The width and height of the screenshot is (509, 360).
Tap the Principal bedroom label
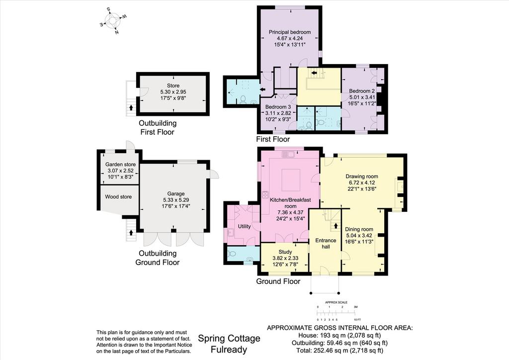[x=290, y=32]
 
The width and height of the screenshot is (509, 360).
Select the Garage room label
[x=175, y=194]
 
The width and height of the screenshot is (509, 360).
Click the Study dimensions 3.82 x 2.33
[x=285, y=258]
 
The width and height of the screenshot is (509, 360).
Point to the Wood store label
[x=118, y=197]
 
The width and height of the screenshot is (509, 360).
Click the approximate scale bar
[x=337, y=313]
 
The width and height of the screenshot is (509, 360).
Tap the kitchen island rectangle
[x=291, y=180]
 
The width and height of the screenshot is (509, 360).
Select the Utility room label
[x=244, y=226]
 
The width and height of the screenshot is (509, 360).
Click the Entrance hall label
[x=326, y=244]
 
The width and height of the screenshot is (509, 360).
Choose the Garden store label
[x=120, y=165]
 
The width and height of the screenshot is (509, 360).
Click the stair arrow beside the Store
[x=131, y=107]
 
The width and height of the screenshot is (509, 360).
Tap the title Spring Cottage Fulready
[x=229, y=344]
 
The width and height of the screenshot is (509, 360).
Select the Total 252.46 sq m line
[x=339, y=351]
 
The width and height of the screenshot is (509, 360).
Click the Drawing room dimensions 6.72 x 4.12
[x=362, y=183]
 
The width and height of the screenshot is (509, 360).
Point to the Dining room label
[x=359, y=229]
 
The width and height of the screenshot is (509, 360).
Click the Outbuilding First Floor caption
[x=158, y=128]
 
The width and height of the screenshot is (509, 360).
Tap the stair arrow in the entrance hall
[x=336, y=225]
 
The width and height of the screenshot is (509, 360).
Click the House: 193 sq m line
[x=339, y=335]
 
